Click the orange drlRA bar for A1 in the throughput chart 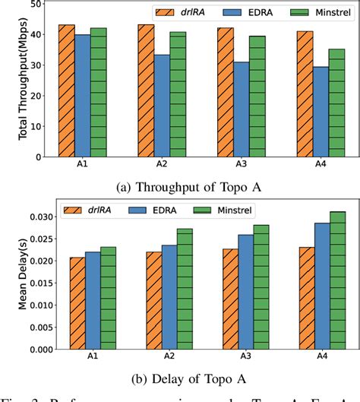[x=67, y=90]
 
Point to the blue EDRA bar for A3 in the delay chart [x=245, y=292]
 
